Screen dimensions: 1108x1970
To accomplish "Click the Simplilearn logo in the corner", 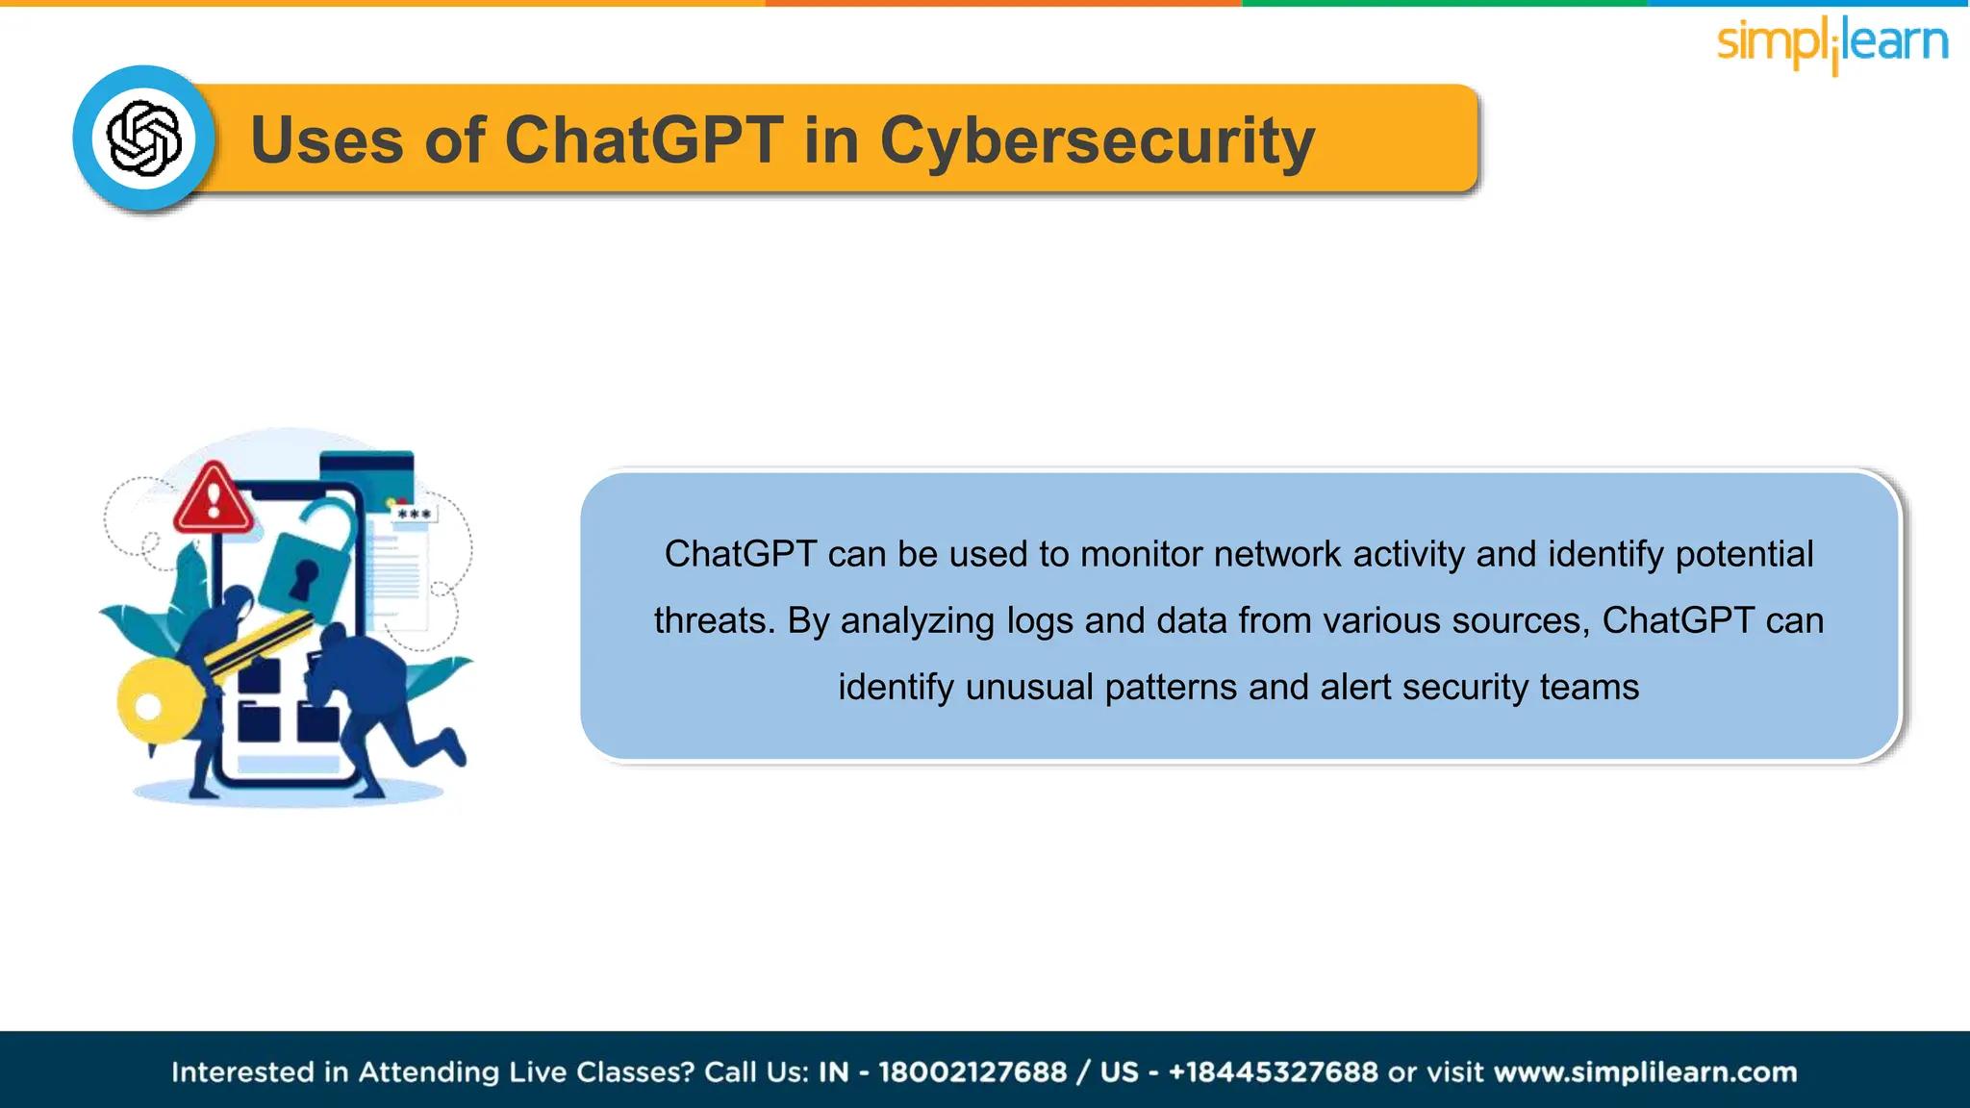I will (1831, 43).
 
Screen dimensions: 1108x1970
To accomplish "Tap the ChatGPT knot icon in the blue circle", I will (144, 138).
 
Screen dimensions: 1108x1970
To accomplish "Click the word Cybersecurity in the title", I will (1097, 141).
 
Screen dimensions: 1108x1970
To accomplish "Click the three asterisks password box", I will (415, 515).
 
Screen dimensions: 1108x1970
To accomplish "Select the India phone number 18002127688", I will (972, 1071).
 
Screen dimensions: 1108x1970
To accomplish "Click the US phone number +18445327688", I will (1273, 1071).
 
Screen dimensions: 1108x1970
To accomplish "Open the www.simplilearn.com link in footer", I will (1645, 1071).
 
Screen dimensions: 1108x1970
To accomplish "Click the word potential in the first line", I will (1744, 555).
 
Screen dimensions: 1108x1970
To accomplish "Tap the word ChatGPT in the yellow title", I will (643, 141).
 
